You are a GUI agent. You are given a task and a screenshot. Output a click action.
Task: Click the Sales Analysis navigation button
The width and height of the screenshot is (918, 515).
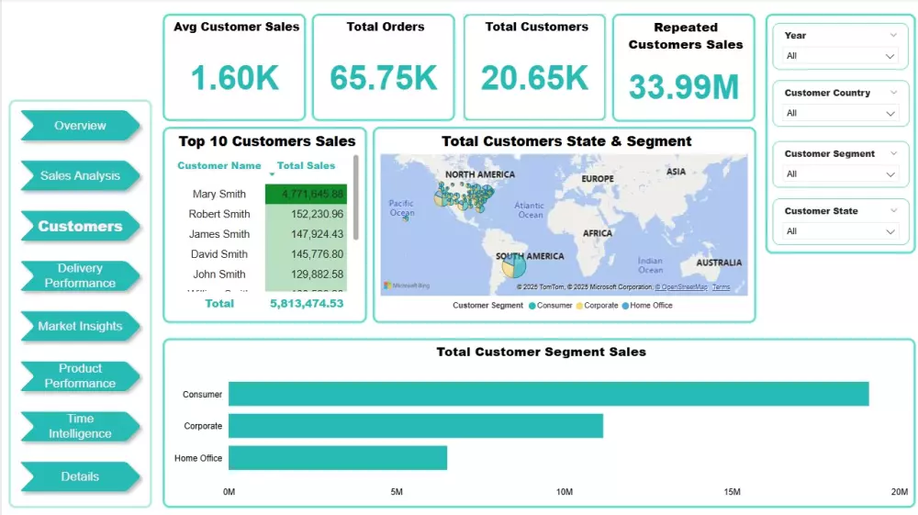click(80, 175)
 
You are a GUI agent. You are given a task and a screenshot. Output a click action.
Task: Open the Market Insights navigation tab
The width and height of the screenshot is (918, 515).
click(80, 326)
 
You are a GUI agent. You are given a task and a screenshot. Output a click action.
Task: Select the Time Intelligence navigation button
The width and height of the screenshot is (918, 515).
click(80, 426)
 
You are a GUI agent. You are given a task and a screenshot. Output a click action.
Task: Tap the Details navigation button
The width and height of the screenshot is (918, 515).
click(80, 476)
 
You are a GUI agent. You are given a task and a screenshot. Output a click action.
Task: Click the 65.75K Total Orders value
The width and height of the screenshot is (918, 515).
click(384, 78)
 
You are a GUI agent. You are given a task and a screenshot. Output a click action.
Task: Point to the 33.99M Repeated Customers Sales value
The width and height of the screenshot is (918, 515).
click(684, 87)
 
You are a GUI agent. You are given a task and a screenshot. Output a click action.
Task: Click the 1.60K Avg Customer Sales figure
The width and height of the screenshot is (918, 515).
click(236, 78)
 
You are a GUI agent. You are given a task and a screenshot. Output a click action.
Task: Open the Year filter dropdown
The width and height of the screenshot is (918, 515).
click(840, 56)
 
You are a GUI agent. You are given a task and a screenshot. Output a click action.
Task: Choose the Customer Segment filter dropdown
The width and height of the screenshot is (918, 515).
click(840, 174)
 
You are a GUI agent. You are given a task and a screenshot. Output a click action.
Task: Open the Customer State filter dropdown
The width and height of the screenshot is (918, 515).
click(840, 231)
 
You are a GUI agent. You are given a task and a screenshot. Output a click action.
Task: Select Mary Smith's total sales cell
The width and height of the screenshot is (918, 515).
click(306, 194)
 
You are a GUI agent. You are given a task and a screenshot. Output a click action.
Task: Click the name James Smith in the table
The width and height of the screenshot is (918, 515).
click(219, 234)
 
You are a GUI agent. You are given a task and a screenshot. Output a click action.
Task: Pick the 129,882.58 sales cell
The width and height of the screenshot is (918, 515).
click(306, 274)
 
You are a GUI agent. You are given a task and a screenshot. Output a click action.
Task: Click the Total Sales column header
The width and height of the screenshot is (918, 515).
click(306, 166)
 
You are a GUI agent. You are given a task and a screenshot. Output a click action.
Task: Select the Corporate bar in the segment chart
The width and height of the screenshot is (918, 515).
click(415, 426)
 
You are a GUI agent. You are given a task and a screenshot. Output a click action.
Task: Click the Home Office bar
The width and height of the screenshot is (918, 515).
click(337, 458)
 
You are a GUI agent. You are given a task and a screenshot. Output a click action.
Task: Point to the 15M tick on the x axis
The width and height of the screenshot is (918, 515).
click(732, 493)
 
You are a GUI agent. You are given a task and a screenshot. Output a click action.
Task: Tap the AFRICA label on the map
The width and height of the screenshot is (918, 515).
click(598, 233)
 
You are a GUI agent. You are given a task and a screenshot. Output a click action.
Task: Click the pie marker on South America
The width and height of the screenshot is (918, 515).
click(514, 266)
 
